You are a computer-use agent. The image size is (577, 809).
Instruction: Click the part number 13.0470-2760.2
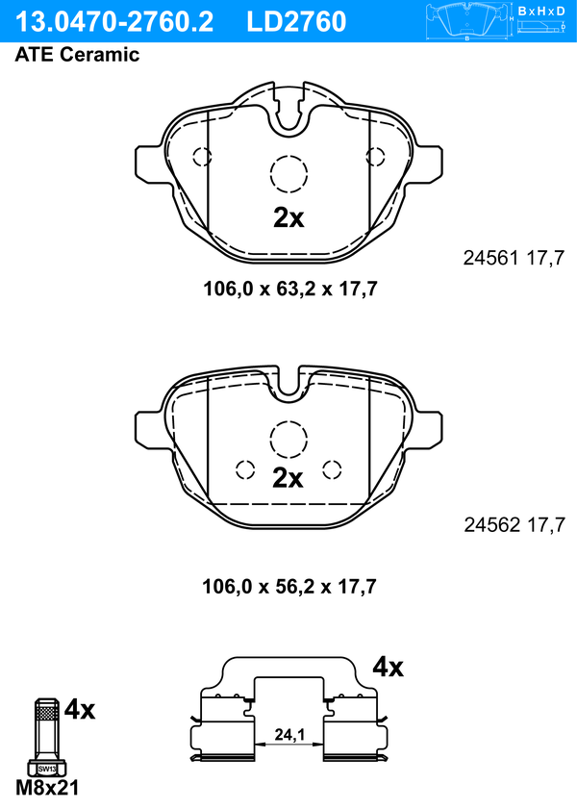click(112, 20)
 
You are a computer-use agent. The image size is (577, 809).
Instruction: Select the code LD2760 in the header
click(296, 20)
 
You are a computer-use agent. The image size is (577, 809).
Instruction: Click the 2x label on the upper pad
click(288, 218)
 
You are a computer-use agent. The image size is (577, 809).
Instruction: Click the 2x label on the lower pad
click(288, 478)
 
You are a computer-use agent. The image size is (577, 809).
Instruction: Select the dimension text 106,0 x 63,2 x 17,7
click(288, 288)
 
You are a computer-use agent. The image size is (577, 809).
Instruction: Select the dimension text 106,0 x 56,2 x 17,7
click(288, 585)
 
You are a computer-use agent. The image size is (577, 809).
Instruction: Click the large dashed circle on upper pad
click(288, 174)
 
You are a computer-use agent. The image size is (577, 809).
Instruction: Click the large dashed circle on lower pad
click(288, 440)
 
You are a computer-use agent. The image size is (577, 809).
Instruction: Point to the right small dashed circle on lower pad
click(332, 469)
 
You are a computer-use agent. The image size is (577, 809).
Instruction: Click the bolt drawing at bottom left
click(46, 736)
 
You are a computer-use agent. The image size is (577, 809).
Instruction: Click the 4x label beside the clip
click(388, 667)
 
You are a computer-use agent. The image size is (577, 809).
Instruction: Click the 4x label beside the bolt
click(80, 711)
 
